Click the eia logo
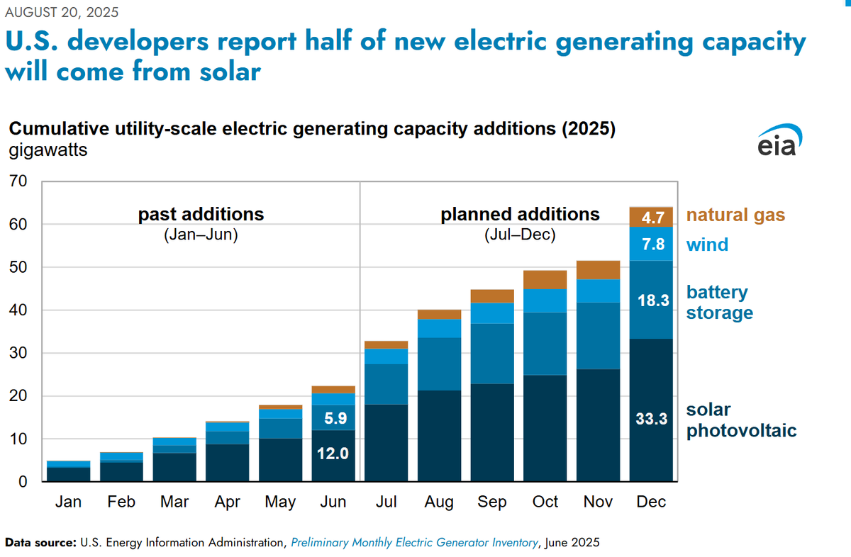tap(778, 140)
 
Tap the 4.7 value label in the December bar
tap(651, 217)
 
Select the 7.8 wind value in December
tap(651, 244)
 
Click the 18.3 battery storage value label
tap(651, 300)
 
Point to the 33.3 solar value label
tap(651, 419)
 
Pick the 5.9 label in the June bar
tap(333, 418)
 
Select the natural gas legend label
tap(735, 215)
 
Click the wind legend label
tap(707, 245)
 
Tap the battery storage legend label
tap(720, 303)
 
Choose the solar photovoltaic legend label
tap(741, 420)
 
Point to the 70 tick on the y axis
tap(18, 181)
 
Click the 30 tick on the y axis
tap(18, 353)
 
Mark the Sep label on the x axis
tap(491, 502)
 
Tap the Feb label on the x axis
tap(121, 502)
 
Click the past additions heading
tap(201, 214)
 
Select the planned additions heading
tap(520, 214)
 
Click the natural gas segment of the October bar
tap(545, 279)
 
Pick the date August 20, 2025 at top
tap(62, 12)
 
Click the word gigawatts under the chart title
tap(48, 151)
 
